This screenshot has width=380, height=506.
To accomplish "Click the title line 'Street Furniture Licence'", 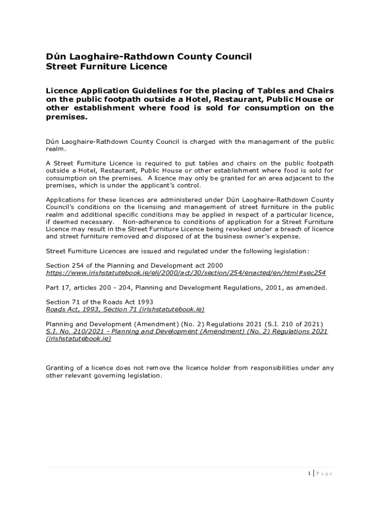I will point(107,67).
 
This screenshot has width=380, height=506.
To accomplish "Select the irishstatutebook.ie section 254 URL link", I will point(186,273).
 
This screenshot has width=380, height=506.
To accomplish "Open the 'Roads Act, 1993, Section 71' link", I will point(125,309).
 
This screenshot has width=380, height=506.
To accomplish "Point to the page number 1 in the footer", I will point(309,473).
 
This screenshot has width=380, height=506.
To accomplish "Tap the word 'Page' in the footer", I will point(324,473).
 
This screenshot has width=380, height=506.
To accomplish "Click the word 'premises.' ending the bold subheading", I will point(66,117).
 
